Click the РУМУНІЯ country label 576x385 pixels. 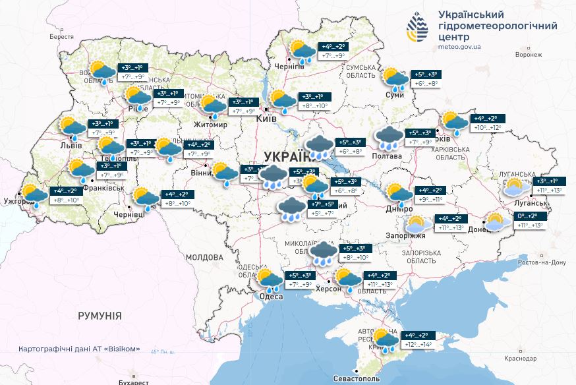[100, 316]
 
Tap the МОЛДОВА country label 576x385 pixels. [204, 257]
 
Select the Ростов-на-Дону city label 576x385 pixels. [542, 262]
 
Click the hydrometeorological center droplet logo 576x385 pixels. [418, 28]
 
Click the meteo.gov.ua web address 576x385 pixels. [459, 47]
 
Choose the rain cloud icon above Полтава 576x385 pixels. [389, 138]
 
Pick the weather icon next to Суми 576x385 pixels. [395, 78]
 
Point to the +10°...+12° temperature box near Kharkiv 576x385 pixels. [486, 127]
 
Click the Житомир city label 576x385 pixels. [210, 124]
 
